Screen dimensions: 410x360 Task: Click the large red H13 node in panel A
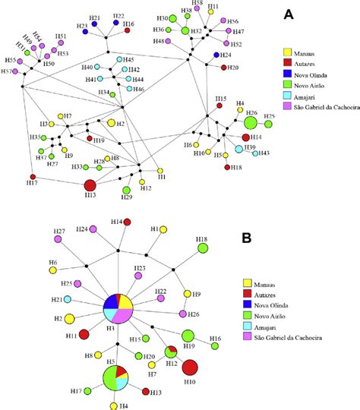point(90,185)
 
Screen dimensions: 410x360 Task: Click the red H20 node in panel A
point(223,68)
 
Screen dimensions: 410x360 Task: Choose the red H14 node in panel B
point(128,222)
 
